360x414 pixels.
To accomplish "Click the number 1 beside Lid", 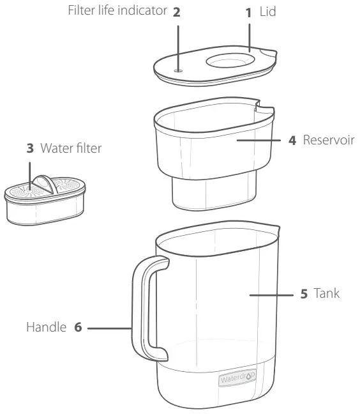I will [250, 13].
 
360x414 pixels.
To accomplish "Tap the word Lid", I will [268, 13].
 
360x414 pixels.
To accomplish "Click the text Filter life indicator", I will [121, 12].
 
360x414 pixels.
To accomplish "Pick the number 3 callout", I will [29, 149].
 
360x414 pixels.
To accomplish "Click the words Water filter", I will [71, 149].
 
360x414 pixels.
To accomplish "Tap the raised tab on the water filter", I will [43, 182].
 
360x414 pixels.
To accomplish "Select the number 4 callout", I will [293, 139].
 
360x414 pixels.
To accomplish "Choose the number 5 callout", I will [304, 295].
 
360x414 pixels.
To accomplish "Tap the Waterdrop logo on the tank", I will [237, 379].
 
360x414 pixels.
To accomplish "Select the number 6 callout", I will [79, 328].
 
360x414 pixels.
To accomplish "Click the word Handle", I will [47, 328].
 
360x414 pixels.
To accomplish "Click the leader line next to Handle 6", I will [109, 329].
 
